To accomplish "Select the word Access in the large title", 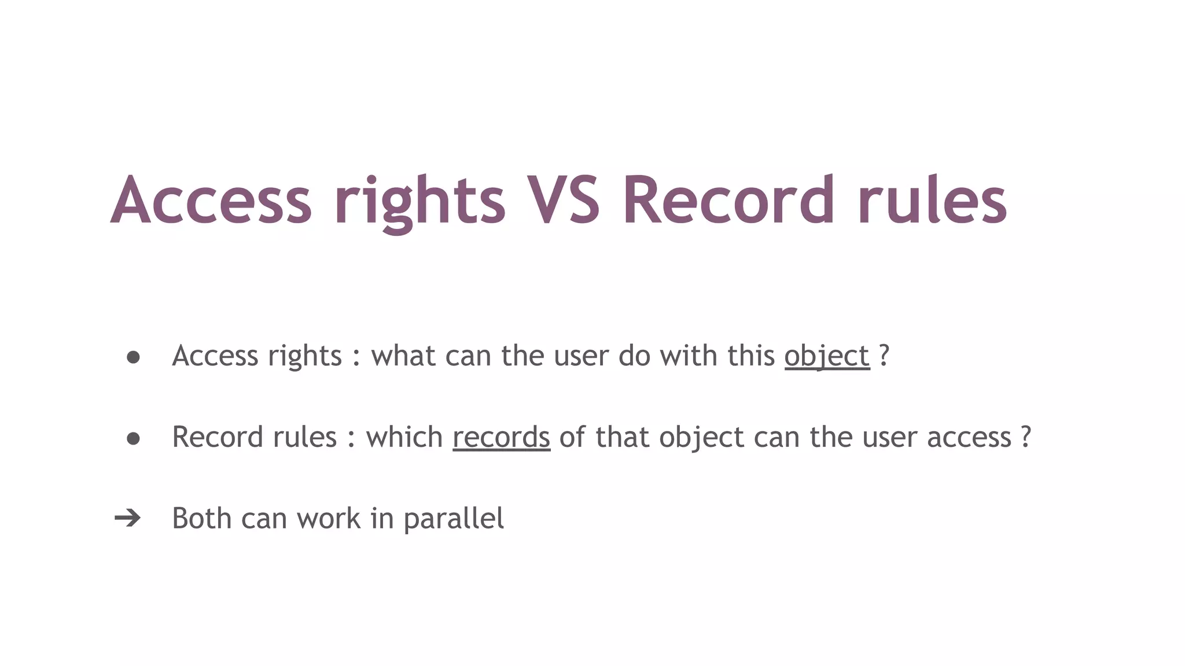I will click(211, 200).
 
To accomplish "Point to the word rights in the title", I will click(419, 202).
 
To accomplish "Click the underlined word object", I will click(827, 356).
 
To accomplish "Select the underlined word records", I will click(501, 437).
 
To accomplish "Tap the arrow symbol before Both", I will click(127, 518).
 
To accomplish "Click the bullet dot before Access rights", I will click(133, 357).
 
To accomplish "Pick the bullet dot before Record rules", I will click(133, 439).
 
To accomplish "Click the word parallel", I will click(454, 519).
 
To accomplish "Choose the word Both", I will click(202, 518).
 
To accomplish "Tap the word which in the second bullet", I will click(404, 437).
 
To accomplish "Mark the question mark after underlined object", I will click(884, 355).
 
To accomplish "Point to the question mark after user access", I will click(1026, 436).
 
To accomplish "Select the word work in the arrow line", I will click(329, 518).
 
